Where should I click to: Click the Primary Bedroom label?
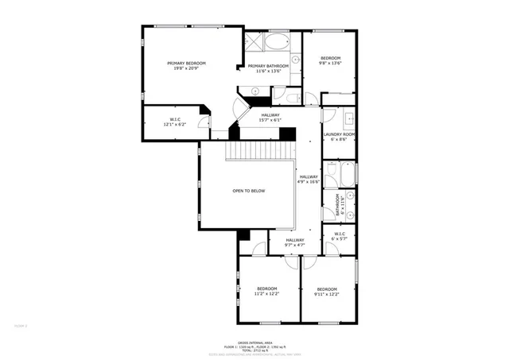click(x=186, y=66)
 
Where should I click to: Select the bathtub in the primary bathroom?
click(x=278, y=41)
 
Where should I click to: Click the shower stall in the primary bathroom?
click(x=254, y=41)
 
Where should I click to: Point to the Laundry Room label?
click(x=338, y=137)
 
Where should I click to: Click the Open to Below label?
click(x=248, y=192)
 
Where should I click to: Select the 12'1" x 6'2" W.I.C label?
click(x=174, y=122)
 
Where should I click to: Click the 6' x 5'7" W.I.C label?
click(x=338, y=237)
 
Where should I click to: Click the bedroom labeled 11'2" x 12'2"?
click(x=266, y=291)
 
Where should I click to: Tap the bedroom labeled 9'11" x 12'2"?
click(x=328, y=291)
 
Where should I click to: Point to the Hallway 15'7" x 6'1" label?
click(x=270, y=118)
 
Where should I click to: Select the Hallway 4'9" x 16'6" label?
click(x=309, y=179)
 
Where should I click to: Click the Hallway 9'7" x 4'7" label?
click(x=295, y=242)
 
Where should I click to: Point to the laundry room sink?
click(x=348, y=122)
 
